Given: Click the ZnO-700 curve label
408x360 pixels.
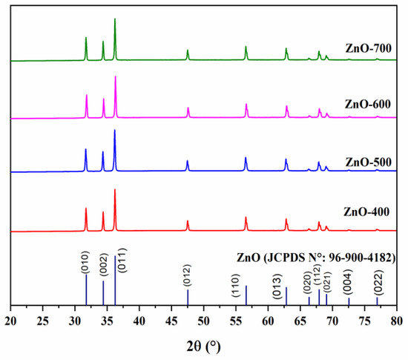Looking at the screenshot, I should tap(367, 49).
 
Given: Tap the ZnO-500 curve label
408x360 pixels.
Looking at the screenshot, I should tap(367, 162).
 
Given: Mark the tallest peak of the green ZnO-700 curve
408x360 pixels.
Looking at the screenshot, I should tap(115, 19).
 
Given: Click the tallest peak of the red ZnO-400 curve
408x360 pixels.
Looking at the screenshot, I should tap(115, 190).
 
